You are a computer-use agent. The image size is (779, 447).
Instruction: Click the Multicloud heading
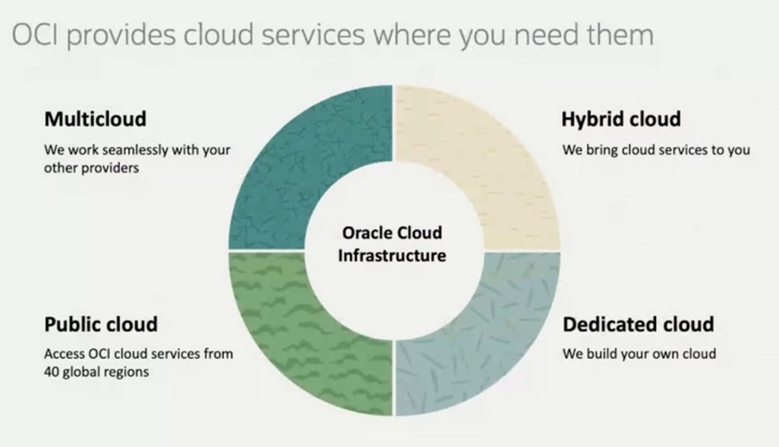95,119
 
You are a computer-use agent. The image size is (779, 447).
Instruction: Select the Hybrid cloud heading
620,119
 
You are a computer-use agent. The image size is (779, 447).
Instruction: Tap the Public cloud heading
101,324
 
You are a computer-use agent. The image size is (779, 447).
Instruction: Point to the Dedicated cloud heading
638,324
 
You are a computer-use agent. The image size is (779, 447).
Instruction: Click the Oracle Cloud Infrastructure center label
392,244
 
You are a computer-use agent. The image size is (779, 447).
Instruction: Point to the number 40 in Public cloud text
52,372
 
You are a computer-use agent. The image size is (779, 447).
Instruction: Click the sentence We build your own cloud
639,354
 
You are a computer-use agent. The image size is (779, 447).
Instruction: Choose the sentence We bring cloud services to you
655,150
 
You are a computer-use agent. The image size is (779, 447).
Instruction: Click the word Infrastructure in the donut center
392,255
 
